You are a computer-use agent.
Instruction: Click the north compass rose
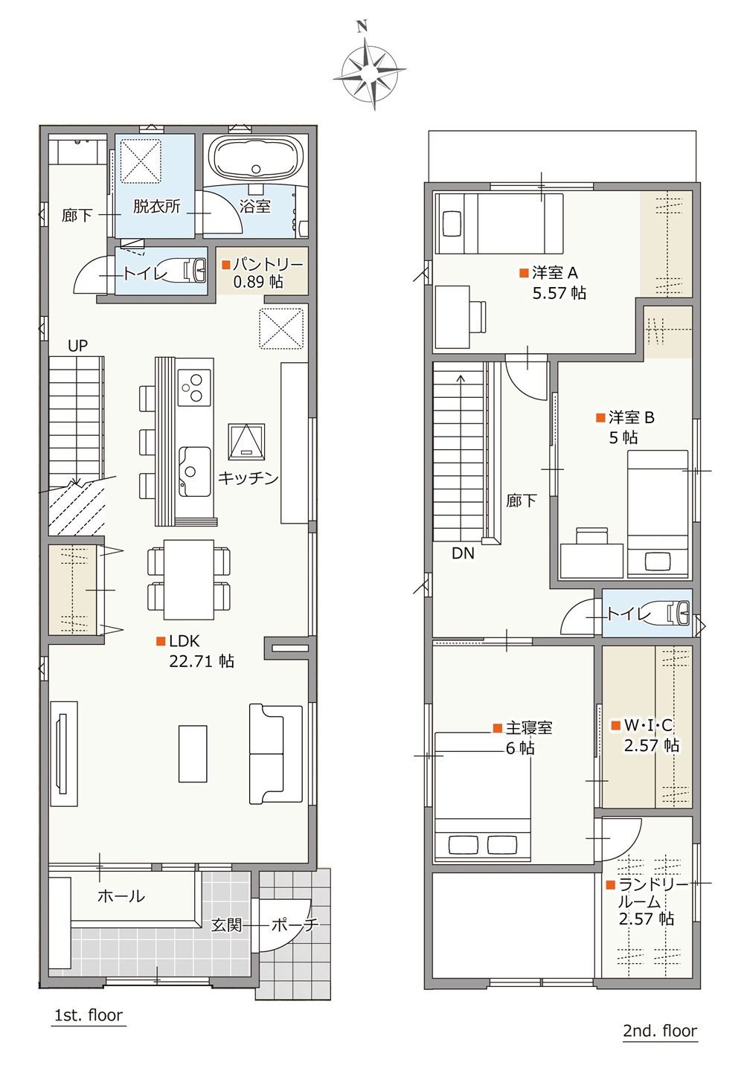click(x=369, y=71)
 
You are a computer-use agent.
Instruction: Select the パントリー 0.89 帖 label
click(x=262, y=274)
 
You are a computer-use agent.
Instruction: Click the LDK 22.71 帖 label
click(x=195, y=651)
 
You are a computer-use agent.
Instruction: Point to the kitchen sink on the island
click(x=195, y=472)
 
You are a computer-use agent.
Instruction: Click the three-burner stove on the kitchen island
click(x=195, y=387)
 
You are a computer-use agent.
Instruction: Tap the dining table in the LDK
click(x=189, y=579)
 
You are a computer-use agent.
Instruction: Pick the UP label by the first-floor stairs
click(x=77, y=345)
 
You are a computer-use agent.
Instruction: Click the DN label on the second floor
click(x=463, y=553)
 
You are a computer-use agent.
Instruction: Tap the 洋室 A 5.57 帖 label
click(x=554, y=283)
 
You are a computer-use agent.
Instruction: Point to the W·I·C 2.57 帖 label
click(x=646, y=735)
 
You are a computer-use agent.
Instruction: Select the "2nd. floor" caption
click(x=660, y=1030)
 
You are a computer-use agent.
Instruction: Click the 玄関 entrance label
click(x=227, y=925)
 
